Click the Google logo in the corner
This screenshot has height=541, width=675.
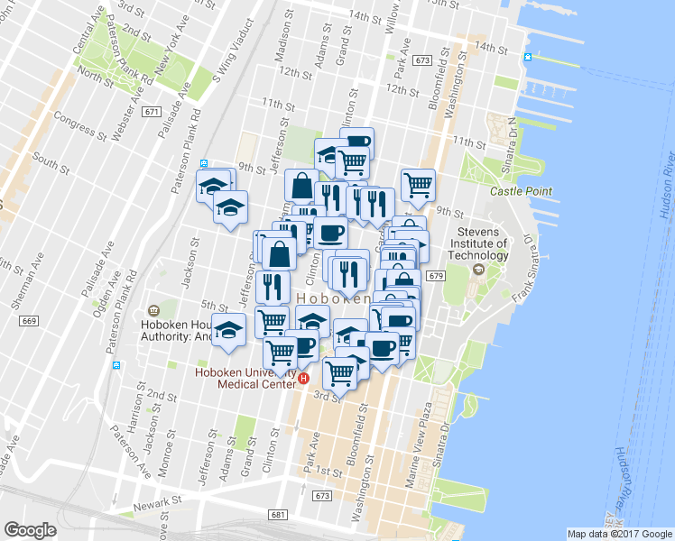coord(30,530)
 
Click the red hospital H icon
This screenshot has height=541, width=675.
coord(304,380)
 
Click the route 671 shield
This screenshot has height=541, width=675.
coord(152,111)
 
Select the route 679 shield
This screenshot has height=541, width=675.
coord(436,276)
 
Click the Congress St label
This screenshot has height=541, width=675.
coord(80,124)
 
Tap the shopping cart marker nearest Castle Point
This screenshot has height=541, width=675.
coord(418,185)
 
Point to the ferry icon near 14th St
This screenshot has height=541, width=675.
coord(528,57)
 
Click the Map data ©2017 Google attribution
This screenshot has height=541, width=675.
coord(619,533)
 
